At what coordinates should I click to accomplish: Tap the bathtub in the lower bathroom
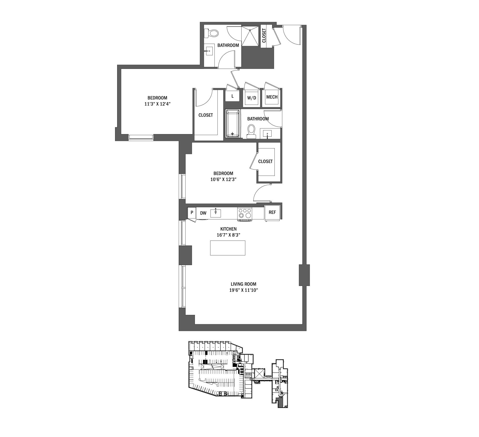232,123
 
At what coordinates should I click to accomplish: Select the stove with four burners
245,214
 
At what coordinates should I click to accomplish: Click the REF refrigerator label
272,212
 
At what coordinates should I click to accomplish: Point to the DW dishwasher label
203,213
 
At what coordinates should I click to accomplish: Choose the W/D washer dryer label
252,98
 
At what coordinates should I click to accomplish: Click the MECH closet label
272,97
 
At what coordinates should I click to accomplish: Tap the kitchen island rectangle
228,248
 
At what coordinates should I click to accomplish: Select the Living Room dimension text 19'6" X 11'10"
243,290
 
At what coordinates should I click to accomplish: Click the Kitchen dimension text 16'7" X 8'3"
228,235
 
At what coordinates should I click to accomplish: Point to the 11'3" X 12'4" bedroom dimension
157,104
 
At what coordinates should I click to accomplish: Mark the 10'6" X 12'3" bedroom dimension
223,179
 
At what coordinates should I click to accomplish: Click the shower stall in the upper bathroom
250,36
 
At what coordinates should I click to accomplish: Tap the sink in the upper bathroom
209,51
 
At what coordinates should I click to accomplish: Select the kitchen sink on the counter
216,213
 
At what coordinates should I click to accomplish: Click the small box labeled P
192,213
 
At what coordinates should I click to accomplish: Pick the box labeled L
232,96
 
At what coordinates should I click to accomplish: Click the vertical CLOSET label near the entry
264,35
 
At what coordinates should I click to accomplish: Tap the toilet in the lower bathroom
251,131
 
